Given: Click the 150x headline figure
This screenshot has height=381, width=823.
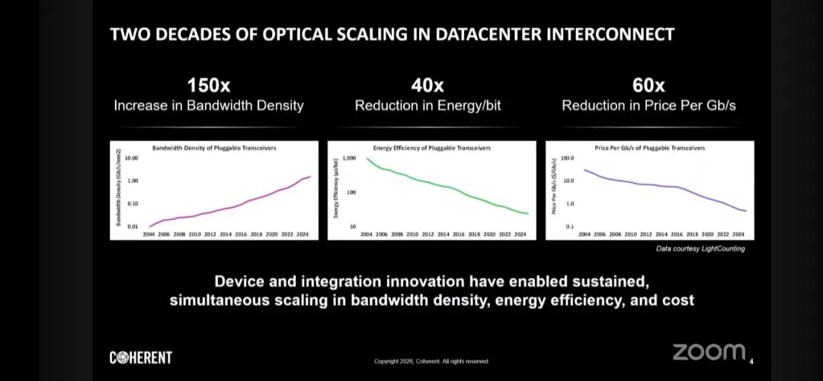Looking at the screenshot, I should tap(208, 85).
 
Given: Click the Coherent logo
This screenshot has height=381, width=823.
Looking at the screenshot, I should tap(141, 357).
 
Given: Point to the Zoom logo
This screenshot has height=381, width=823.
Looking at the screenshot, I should tap(708, 351).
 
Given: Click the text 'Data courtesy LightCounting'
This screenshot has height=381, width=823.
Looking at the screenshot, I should tap(700, 248).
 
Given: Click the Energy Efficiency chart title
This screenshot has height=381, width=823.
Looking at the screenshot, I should tap(431, 148).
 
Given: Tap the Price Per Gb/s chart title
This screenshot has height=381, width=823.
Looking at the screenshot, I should tap(649, 148).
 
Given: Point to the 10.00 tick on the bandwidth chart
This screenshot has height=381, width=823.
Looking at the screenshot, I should tap(130, 158).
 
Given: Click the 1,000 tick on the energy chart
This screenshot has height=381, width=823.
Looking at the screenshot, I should tap(350, 158).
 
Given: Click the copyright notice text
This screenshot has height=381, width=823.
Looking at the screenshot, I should tap(431, 361).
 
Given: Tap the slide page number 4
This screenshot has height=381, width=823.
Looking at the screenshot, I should tap(752, 360).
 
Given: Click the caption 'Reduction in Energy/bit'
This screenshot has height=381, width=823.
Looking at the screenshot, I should tap(428, 106).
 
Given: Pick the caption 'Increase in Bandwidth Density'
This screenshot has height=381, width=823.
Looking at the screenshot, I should tap(208, 106).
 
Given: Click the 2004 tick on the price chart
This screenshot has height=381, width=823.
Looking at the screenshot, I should tap(584, 234).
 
